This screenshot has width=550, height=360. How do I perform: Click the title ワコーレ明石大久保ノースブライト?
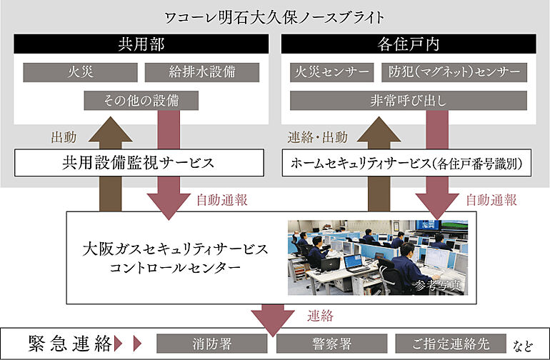274,16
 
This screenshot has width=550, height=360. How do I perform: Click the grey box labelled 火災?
79,72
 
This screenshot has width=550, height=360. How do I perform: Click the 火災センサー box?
331,72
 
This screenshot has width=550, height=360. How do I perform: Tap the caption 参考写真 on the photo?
437,285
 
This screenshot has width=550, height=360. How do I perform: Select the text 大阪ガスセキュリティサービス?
175,249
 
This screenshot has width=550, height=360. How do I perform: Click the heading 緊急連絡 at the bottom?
70,344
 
